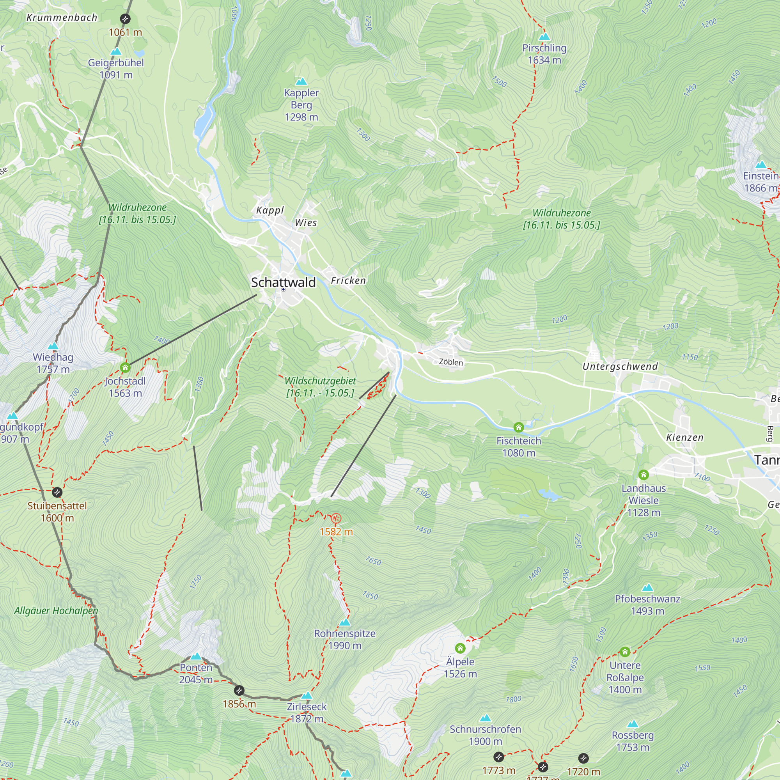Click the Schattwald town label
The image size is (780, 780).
pos(283,282)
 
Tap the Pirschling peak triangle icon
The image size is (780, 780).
pos(544,37)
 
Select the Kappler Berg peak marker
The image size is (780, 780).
pos(301,82)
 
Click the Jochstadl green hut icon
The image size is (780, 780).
pos(125,367)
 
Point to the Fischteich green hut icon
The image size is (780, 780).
pos(518,427)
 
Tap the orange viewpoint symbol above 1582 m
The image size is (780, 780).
pos(336,518)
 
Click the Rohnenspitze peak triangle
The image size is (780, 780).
pos(345,622)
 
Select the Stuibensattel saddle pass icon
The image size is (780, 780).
pos(57,493)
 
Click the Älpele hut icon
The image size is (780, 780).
pos(460,649)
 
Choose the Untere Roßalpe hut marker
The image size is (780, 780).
pos(625,652)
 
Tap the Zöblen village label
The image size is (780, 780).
pos(451,362)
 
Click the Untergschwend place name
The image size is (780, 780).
pos(620,367)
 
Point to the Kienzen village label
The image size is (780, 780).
pos(685,438)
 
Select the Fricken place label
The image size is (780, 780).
pos(348,280)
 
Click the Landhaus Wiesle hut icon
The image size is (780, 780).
pos(643,475)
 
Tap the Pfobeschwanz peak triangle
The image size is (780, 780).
pos(647,587)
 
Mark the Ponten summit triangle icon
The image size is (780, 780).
pos(196,656)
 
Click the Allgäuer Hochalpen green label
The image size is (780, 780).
pos(56,611)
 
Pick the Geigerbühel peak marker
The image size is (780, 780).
pos(116,52)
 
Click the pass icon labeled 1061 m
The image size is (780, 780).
pos(125,19)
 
